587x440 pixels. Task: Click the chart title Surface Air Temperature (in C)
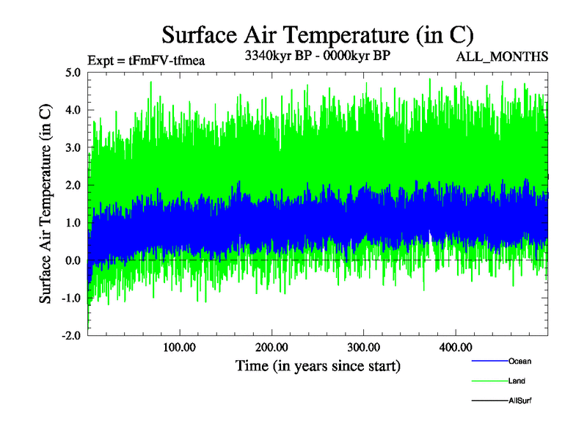click(318, 34)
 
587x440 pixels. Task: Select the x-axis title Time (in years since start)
click(318, 365)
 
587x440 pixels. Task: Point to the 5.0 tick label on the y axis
click(73, 73)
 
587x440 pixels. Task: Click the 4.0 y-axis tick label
click(73, 110)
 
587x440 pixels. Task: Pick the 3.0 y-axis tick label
click(73, 147)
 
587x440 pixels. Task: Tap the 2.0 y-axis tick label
click(73, 185)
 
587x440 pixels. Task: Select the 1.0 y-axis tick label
click(73, 222)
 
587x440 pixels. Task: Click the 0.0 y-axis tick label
click(73, 260)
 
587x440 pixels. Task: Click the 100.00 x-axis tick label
click(179, 346)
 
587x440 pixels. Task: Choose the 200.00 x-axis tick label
click(271, 346)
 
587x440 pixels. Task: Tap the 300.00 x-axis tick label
click(363, 346)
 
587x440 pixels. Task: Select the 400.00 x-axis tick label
click(455, 346)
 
